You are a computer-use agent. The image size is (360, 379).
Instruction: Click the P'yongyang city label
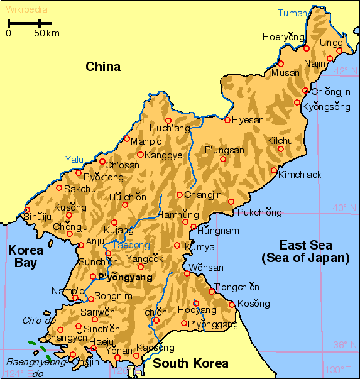pos(126,277)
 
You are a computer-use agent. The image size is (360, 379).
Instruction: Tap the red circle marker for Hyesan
pos(227,120)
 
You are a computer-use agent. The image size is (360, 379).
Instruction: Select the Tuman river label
pos(293,13)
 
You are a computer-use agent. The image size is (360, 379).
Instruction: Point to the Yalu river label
pos(74,160)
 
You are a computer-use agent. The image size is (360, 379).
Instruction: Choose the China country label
pos(103,67)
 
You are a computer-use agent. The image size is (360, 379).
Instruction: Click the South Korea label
pos(190,363)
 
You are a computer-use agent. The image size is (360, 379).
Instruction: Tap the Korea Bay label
pos(26,256)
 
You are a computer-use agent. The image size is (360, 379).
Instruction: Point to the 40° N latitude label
pos(344,207)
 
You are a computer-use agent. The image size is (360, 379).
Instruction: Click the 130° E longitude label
pos(337,370)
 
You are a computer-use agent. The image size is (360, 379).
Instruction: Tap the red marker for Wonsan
pos(187,273)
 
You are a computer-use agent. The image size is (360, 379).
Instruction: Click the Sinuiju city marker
pos(27,210)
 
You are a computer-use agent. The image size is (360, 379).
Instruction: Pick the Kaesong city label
pos(155,348)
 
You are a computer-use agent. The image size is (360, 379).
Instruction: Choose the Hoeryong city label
pos(278,37)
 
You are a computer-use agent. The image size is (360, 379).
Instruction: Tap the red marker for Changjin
pos(179,195)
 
